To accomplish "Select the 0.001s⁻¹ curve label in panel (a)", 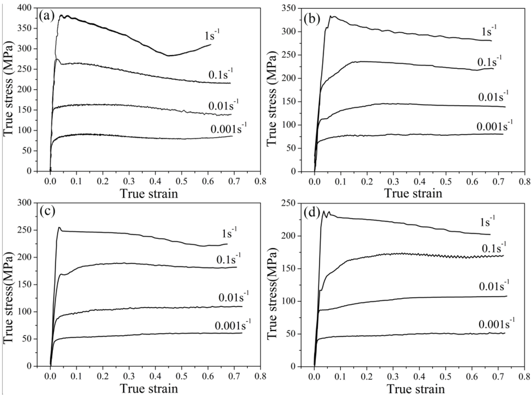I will pyautogui.click(x=231, y=128).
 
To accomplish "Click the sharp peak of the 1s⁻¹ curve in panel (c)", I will pyautogui.click(x=59, y=227).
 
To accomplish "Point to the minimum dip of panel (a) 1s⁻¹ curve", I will pyautogui.click(x=168, y=55).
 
